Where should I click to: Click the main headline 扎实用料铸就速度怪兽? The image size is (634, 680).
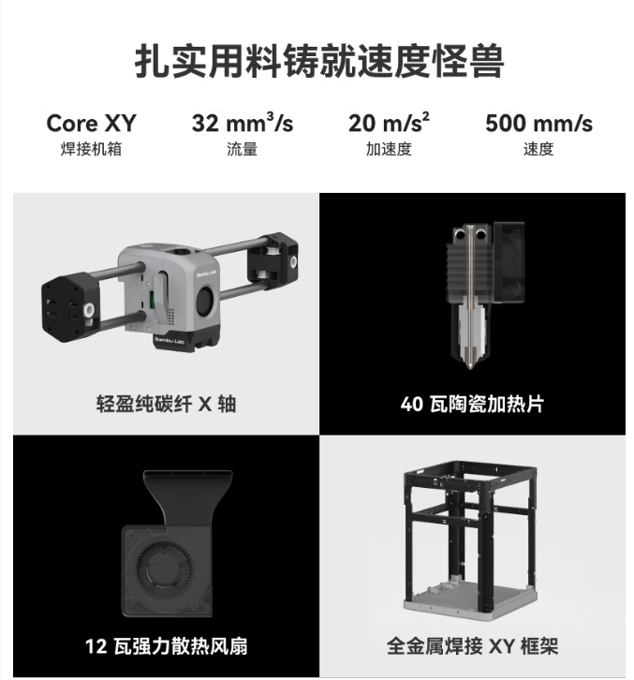pos(319,61)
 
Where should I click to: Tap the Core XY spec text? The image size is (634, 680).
pos(91,123)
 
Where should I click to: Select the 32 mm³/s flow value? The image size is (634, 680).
pos(243,123)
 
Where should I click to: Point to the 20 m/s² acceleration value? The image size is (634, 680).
pos(389,123)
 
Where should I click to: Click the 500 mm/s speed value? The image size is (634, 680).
pos(538,123)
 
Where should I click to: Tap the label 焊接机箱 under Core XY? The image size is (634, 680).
pos(91,149)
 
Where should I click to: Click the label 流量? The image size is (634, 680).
pos(242,149)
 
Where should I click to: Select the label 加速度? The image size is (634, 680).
pos(389,149)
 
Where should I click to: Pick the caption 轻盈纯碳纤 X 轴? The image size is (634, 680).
pos(166,404)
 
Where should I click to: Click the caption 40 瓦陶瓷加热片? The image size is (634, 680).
pos(472,404)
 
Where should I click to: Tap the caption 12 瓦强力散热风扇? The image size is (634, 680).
pos(166,645)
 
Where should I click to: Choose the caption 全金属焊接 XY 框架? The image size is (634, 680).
pos(472,645)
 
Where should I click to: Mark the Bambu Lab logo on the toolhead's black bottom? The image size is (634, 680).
pos(170,340)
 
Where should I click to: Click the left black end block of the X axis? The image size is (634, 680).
pos(69,307)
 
